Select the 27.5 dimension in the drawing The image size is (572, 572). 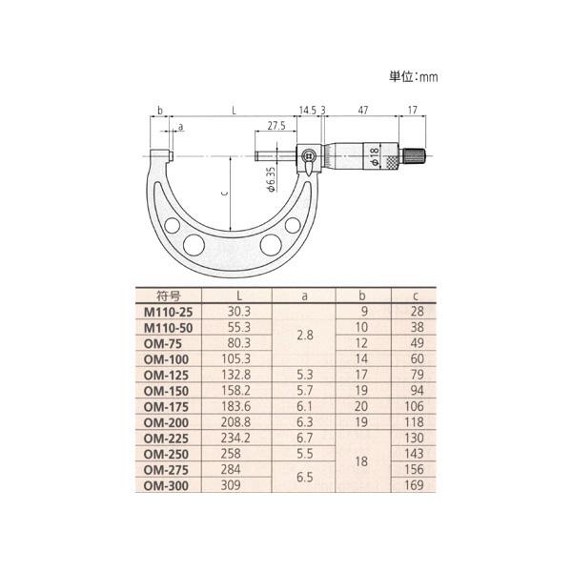point(277,126)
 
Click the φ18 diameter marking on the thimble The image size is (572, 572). point(377,156)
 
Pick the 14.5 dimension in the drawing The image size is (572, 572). point(307,112)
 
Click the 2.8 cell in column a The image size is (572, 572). point(305,336)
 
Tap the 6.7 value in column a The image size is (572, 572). point(305,438)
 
